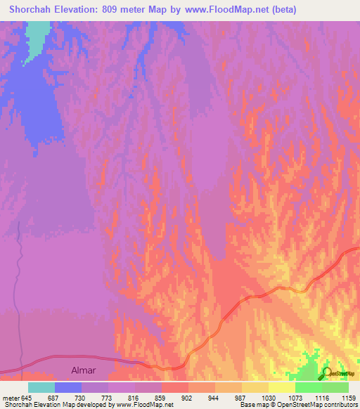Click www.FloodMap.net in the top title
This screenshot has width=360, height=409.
tap(224, 10)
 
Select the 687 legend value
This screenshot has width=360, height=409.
tap(55, 398)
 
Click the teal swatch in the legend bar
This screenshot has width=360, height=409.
tap(41, 387)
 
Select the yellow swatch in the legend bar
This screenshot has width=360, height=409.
tap(282, 387)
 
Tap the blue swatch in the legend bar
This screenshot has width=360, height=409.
tap(68, 387)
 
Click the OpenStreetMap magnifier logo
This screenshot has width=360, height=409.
tap(326, 373)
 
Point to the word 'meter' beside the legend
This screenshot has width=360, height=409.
tap(11, 398)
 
